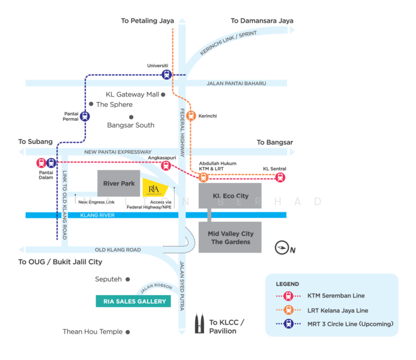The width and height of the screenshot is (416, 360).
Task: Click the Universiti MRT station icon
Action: tap(167, 75)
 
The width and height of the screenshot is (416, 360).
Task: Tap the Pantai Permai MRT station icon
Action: tap(85, 116)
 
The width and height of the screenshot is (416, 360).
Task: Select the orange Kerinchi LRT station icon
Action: tap(191, 116)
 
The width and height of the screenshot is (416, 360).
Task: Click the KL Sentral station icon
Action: tap(280, 177)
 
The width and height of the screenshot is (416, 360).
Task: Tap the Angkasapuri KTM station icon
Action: tap(166, 166)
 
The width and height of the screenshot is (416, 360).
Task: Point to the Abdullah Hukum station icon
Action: tap(203, 177)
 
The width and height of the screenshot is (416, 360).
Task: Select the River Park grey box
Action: tap(119, 184)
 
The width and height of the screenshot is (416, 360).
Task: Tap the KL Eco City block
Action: tap(230, 196)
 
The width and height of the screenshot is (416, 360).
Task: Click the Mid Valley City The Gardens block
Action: tap(230, 238)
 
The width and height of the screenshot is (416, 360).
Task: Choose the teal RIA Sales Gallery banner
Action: tap(133, 302)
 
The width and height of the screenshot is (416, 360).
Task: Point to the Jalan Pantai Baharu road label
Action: tap(235, 83)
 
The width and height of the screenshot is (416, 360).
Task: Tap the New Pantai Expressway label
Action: tap(118, 152)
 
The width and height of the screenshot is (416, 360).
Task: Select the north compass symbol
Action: tap(282, 247)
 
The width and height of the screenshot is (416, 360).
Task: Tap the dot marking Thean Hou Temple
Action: tap(128, 331)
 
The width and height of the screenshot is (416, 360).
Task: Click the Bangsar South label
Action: tap(130, 125)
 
